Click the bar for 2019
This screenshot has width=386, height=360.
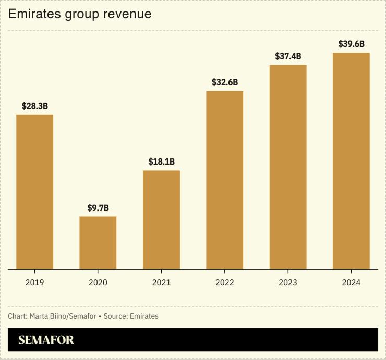click(x=34, y=192)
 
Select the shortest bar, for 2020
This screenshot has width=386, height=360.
click(x=98, y=243)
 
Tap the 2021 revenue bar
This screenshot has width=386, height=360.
click(x=161, y=220)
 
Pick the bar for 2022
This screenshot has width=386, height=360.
click(x=224, y=180)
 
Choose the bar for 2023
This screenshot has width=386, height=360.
click(x=288, y=167)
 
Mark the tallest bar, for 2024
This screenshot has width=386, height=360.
click(x=351, y=161)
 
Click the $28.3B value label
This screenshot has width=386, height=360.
click(x=34, y=106)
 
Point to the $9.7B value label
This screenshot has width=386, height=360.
click(x=98, y=208)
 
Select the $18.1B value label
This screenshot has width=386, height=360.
click(x=161, y=162)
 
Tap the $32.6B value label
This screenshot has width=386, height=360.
click(x=224, y=82)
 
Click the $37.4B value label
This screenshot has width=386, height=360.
click(x=288, y=56)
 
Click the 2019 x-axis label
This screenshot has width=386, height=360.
click(x=34, y=282)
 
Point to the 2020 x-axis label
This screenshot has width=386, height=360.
click(x=98, y=282)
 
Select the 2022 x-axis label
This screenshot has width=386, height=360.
click(x=224, y=282)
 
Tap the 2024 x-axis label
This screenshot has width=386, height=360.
click(x=351, y=282)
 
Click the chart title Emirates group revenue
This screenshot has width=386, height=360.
click(x=80, y=14)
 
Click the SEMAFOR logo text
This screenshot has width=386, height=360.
click(x=46, y=340)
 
